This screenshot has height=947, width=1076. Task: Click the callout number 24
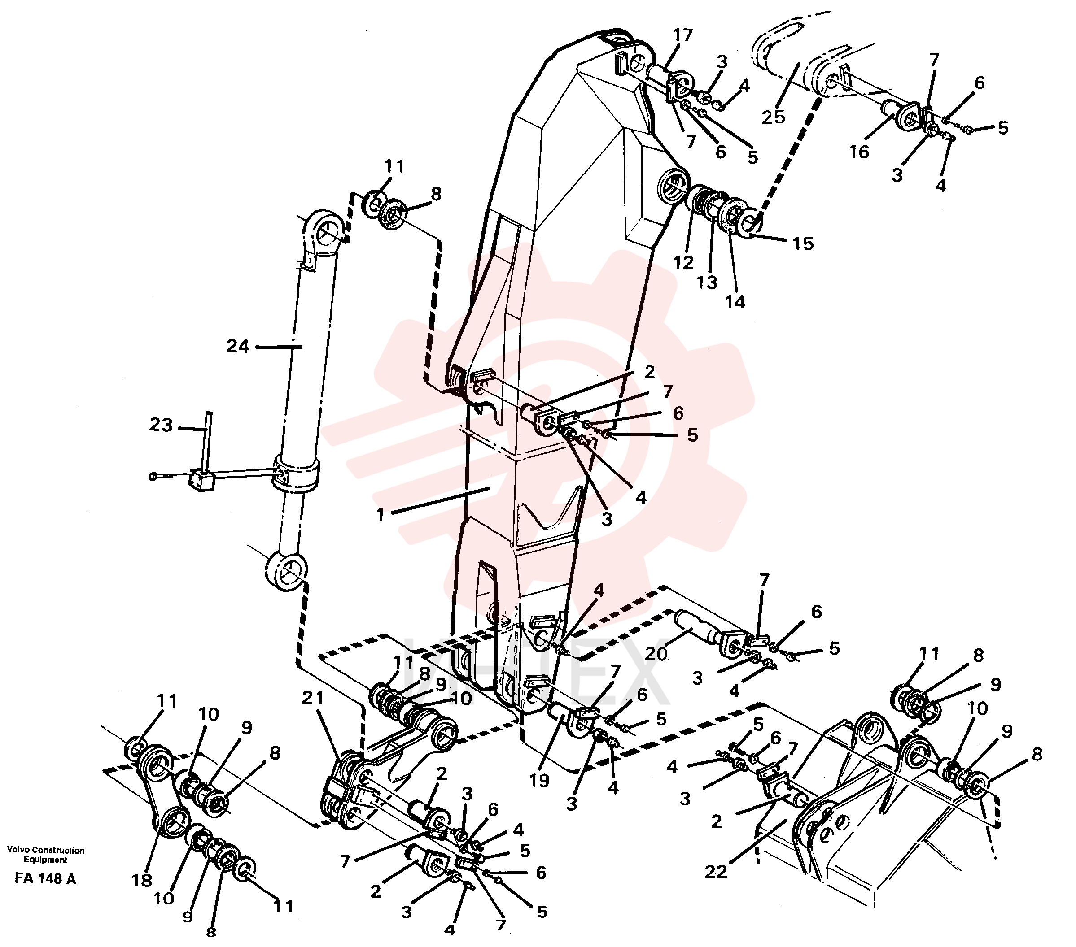(237, 346)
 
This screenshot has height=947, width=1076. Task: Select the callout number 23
(161, 425)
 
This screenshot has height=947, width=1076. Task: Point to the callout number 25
(773, 117)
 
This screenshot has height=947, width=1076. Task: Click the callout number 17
(683, 36)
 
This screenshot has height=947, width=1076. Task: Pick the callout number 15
(803, 243)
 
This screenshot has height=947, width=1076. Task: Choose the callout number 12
(684, 262)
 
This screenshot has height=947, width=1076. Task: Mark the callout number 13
(708, 282)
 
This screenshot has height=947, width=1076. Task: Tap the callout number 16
(858, 152)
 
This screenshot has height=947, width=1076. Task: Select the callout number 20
(656, 653)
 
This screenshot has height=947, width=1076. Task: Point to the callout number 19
(539, 781)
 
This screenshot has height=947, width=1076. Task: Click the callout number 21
(313, 698)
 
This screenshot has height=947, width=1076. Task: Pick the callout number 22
(716, 872)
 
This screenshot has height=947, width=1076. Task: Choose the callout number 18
(142, 880)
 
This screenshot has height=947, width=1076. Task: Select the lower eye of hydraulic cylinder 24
(286, 571)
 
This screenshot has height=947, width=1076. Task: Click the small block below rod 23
(201, 481)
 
